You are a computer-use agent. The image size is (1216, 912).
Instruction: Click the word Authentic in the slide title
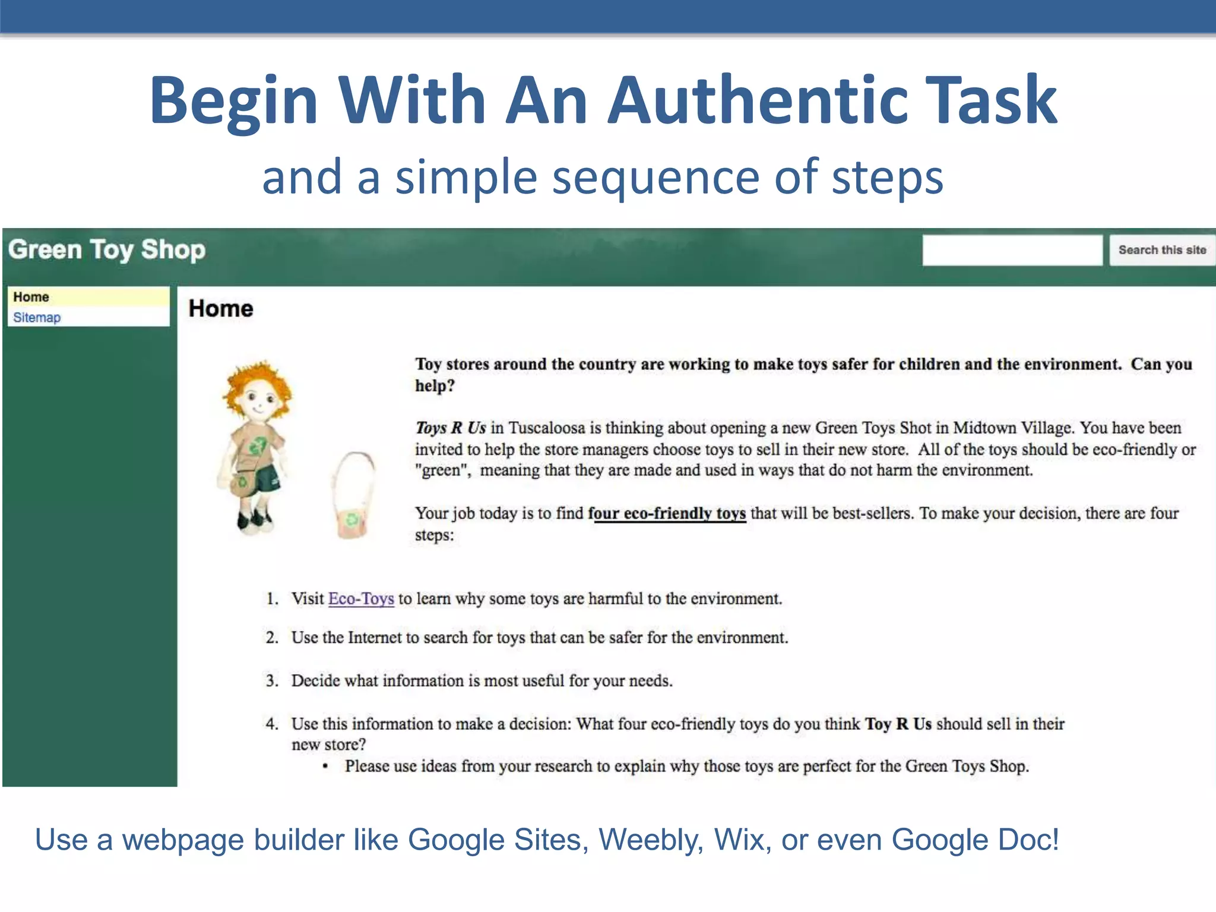(x=757, y=101)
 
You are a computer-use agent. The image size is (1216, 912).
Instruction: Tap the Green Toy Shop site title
(x=107, y=250)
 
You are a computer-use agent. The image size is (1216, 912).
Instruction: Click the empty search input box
(x=1012, y=250)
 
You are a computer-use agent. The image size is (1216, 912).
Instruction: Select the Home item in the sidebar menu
(x=31, y=297)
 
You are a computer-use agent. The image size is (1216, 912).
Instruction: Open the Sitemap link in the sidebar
(x=37, y=318)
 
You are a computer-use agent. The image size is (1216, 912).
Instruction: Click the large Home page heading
(x=221, y=309)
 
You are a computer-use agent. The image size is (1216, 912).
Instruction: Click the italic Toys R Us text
(x=450, y=428)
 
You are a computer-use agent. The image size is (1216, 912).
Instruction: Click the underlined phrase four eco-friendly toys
(x=666, y=514)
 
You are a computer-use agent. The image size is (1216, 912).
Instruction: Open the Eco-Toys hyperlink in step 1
(x=361, y=598)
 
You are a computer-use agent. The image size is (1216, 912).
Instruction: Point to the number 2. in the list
(x=272, y=638)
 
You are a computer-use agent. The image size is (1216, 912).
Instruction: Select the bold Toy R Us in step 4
(x=898, y=724)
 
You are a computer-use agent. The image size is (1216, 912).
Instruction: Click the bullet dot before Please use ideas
(x=325, y=767)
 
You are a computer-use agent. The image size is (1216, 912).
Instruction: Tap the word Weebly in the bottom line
(x=651, y=840)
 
